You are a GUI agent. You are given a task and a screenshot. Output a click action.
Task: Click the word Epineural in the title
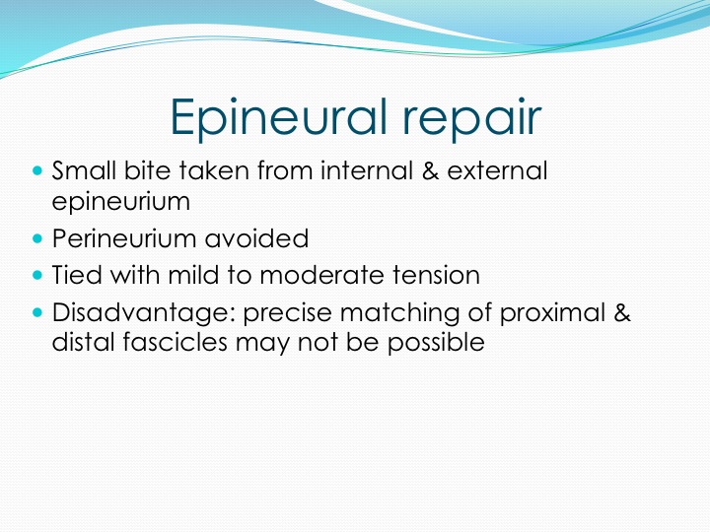tap(279, 116)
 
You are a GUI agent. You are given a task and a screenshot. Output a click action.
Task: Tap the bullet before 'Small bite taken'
tap(37, 171)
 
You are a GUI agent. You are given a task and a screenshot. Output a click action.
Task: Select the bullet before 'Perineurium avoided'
tap(37, 238)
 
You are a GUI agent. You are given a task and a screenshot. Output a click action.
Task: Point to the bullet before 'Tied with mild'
tap(37, 275)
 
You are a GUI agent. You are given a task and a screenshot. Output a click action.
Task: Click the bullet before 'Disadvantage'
tap(37, 312)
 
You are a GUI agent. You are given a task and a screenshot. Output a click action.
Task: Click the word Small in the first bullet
tap(84, 170)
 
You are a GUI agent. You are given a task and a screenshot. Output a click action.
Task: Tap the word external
tap(497, 170)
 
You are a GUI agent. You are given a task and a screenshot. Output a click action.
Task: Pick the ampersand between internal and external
tap(430, 170)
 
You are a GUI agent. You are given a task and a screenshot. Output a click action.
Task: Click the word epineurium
tap(121, 201)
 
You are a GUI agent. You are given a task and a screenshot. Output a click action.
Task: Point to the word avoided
tap(256, 238)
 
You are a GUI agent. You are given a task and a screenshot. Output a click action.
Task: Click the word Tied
tap(77, 275)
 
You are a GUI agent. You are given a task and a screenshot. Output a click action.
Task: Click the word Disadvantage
tap(144, 313)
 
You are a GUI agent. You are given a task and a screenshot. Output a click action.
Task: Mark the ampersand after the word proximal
tap(622, 312)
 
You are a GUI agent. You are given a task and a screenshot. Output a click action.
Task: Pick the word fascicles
tap(175, 342)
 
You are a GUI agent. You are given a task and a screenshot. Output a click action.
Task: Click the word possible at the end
tap(436, 343)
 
